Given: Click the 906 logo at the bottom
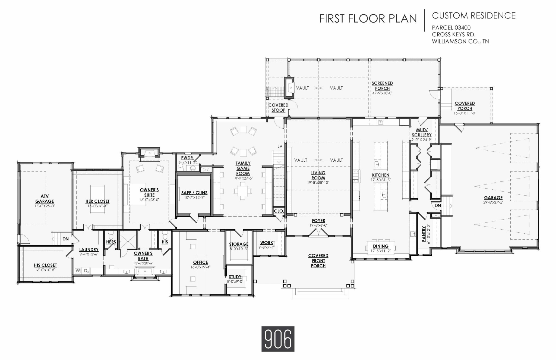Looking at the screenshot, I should [x=278, y=339].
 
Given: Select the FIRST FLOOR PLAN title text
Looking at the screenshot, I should [x=368, y=19].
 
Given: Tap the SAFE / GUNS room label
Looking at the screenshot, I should [x=194, y=193].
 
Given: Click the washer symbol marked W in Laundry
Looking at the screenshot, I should [x=78, y=271].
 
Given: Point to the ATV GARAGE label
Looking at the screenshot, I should [x=45, y=199].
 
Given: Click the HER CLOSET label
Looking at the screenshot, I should [x=97, y=201].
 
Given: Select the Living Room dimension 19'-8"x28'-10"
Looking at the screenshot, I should [x=318, y=183].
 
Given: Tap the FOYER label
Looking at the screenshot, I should [x=318, y=221].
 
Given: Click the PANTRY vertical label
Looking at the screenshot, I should [x=424, y=234].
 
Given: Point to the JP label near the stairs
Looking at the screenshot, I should [x=280, y=146].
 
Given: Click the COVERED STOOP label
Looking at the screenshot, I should [x=278, y=108].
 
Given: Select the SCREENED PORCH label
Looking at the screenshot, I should [x=382, y=86].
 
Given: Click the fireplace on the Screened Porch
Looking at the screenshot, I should [x=289, y=88].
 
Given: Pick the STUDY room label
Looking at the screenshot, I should [x=235, y=277].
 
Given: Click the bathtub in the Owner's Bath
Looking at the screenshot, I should [x=145, y=271].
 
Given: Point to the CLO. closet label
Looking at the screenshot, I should [x=279, y=211].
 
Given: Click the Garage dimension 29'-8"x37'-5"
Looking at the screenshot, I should [x=493, y=202].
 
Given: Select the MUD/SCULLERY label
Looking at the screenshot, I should [x=422, y=133].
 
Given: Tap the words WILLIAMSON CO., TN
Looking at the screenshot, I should [x=460, y=42].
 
